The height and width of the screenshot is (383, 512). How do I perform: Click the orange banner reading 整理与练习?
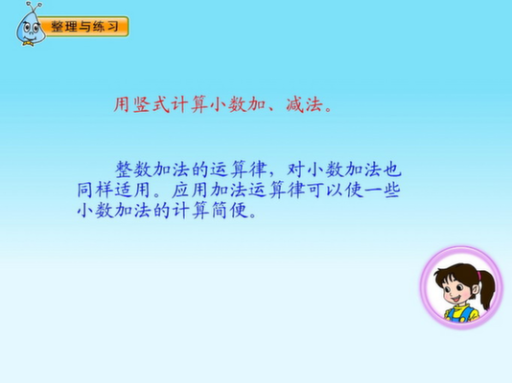(x=85, y=27)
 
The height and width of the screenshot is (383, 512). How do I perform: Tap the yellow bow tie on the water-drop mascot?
(x=29, y=43)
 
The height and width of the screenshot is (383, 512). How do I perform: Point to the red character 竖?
(x=141, y=104)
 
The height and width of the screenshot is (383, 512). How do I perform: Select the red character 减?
(x=295, y=104)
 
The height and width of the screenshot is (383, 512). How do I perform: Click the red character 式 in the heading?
(x=161, y=104)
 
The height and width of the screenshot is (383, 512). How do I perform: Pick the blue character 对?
(x=296, y=169)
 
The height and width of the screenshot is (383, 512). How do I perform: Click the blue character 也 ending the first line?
(x=391, y=169)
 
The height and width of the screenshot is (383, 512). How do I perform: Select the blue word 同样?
(x=95, y=190)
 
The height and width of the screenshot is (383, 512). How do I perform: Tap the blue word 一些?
(x=382, y=190)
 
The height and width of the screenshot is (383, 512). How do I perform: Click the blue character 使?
(x=354, y=190)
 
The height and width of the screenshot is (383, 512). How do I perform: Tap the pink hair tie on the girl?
(x=478, y=276)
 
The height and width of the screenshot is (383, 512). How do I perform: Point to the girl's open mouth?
(x=454, y=299)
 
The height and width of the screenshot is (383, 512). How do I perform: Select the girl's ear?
(x=475, y=289)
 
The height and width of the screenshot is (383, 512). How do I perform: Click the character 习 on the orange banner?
(x=112, y=27)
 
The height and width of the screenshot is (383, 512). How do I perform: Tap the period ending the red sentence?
(x=329, y=109)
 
